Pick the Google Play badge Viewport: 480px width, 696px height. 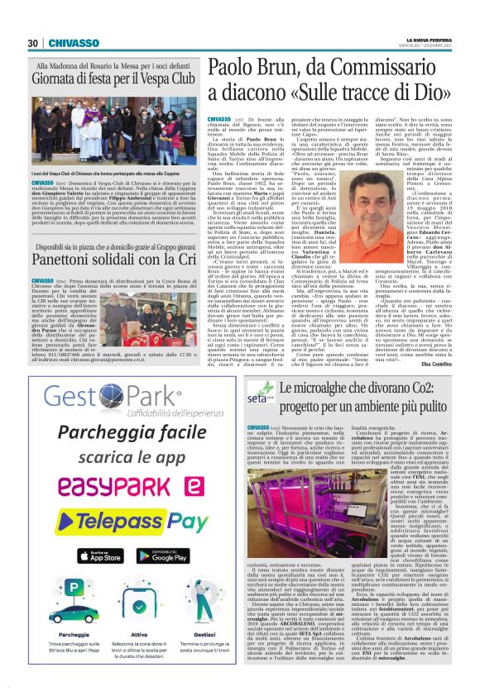click(161, 556)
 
